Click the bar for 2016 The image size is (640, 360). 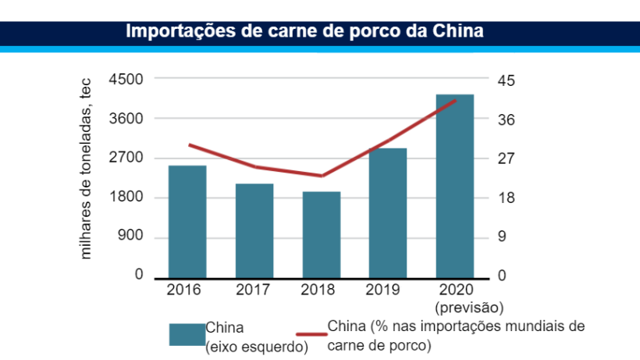click(187, 221)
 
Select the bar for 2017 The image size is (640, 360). click(254, 230)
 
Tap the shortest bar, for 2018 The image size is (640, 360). click(322, 234)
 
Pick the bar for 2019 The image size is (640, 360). click(388, 212)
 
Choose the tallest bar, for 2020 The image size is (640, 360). click(455, 186)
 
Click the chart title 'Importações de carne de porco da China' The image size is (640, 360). click(305, 32)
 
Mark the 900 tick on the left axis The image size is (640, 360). click(132, 237)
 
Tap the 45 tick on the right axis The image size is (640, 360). click(507, 80)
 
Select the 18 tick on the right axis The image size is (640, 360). click(507, 198)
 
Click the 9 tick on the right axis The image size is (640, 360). click(503, 237)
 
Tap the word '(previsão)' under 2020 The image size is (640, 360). click(470, 306)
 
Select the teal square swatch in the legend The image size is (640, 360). click(187, 333)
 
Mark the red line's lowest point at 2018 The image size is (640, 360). click(322, 176)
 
